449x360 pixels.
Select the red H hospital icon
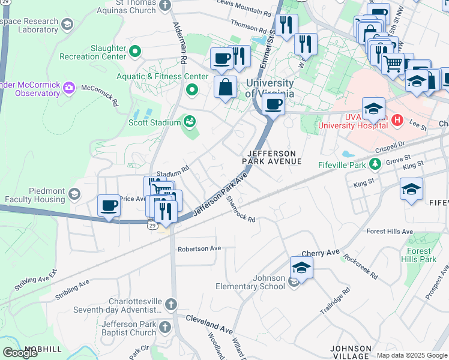396,121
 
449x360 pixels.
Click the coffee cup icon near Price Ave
109,205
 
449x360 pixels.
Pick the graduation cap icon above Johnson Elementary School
301,268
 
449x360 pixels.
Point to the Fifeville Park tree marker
375,163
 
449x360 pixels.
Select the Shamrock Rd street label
241,210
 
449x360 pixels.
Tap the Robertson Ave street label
199,248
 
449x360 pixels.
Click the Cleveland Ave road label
208,323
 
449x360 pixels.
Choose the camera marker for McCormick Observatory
69,89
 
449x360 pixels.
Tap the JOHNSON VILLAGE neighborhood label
351,352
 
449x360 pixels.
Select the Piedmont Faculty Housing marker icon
74,194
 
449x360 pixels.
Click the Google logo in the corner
20,353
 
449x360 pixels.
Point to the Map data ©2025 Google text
412,355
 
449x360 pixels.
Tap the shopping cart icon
393,62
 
